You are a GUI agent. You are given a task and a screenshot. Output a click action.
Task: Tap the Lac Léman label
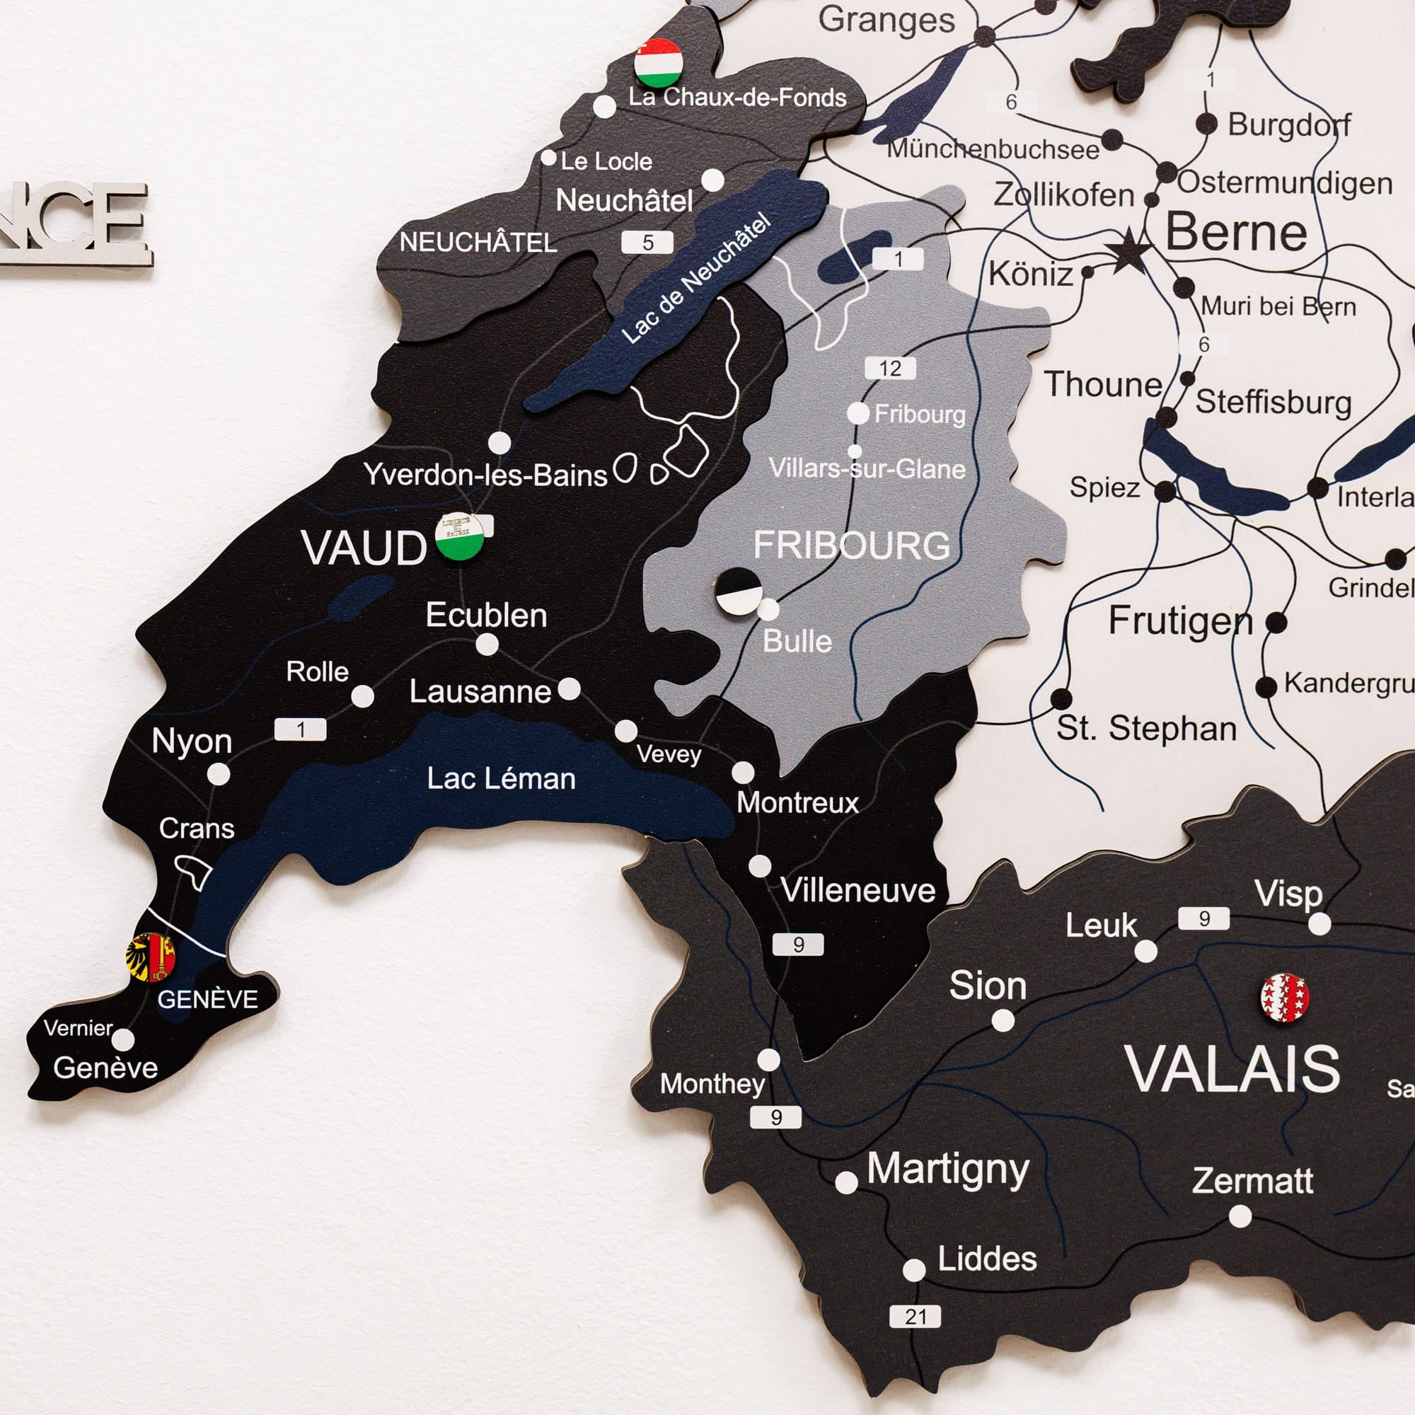pos(501,778)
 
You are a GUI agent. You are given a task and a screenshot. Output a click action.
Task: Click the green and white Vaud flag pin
pos(459,537)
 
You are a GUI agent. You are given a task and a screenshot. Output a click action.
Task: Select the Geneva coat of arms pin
pos(151,957)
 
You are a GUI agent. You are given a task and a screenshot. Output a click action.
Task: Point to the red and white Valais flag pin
pos(1285,997)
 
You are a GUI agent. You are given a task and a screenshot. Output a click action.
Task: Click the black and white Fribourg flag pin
pos(738,590)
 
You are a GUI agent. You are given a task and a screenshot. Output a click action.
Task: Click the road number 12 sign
pos(890,368)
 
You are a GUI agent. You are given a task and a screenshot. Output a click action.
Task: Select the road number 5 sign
pos(647,243)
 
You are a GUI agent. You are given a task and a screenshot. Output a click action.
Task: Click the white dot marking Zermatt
pos(1240,1216)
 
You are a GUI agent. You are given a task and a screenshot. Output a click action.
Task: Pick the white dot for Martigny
pos(846,1182)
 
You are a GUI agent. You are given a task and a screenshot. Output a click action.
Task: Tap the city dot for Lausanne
pos(569,688)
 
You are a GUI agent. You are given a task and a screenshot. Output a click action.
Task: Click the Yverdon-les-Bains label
pos(485,475)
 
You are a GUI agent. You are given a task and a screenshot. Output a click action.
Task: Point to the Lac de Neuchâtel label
pos(695,278)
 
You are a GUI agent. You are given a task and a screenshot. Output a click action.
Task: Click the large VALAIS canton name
pos(1235,1070)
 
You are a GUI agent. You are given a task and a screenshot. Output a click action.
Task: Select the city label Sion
pos(987,986)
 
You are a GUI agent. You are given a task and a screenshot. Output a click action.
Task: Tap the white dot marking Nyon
pos(218,773)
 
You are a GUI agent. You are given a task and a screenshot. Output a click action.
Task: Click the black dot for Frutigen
pos(1276,623)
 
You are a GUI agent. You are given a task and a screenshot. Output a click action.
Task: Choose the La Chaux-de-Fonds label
pos(737,98)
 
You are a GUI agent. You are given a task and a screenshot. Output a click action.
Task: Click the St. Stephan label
pos(1146,729)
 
